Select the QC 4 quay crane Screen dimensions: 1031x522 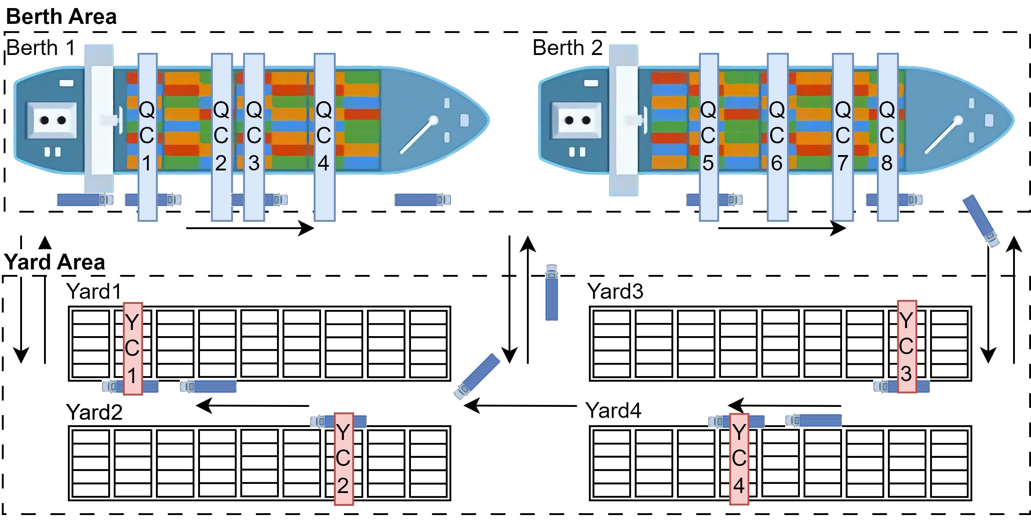coord(324,137)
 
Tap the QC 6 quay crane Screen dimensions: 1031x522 coord(777,137)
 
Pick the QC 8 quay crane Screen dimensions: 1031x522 coord(887,137)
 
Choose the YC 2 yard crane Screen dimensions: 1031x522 coord(343,459)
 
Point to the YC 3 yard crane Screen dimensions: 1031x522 coord(907,347)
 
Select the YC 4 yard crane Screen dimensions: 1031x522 coord(739,459)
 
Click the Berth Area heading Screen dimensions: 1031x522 coord(61,17)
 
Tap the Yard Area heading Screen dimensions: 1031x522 coord(54,262)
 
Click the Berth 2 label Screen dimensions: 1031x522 coord(568,48)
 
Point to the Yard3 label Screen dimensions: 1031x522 coord(615,291)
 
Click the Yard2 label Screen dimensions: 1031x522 coord(94,412)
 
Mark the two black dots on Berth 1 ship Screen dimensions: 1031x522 coord(53,120)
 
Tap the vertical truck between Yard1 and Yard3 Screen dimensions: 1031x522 coord(551,293)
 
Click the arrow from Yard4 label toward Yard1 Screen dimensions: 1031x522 coord(520,405)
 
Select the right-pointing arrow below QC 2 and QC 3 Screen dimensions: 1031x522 coord(250,228)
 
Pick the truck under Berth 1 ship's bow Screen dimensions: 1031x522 coord(423,200)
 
